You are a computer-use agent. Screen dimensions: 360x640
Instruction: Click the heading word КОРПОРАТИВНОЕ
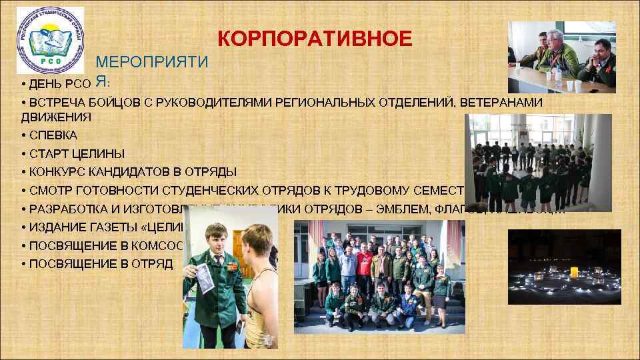[315, 38]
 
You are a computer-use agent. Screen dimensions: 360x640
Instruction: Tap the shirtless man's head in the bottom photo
[257, 239]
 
